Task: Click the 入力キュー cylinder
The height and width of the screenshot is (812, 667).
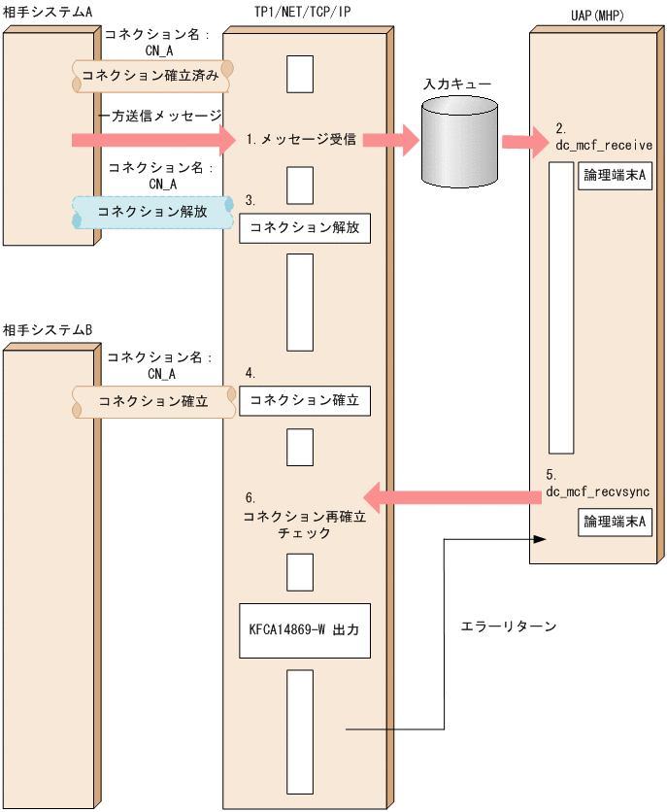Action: [459, 143]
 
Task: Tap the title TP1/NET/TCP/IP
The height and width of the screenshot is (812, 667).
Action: [303, 12]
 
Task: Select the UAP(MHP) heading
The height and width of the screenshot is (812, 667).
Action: [597, 16]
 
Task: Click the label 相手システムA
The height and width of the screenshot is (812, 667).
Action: [48, 12]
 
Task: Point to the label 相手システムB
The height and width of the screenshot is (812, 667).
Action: [48, 329]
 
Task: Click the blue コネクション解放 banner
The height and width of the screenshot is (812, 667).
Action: [152, 212]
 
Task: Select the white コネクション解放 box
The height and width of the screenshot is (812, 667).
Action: [305, 228]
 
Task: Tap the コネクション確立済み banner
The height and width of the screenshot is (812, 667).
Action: [152, 76]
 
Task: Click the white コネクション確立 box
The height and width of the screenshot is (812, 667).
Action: [305, 400]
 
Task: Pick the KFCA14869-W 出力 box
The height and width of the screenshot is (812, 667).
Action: [305, 630]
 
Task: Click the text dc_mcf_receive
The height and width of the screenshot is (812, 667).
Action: [604, 146]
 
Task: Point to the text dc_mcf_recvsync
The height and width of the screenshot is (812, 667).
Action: [598, 491]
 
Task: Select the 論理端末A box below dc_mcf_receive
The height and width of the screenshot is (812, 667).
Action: [615, 176]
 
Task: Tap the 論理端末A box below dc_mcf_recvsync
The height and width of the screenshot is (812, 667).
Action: [615, 522]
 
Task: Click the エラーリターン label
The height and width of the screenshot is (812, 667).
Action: [508, 626]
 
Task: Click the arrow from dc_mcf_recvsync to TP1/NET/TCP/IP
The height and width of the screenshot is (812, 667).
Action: [452, 497]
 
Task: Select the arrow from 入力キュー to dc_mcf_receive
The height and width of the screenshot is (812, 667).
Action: [525, 141]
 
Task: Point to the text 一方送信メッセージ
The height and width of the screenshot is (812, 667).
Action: [160, 116]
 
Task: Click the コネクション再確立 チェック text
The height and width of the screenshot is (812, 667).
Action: [305, 524]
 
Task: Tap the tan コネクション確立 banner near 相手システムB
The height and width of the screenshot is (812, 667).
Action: [153, 401]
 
